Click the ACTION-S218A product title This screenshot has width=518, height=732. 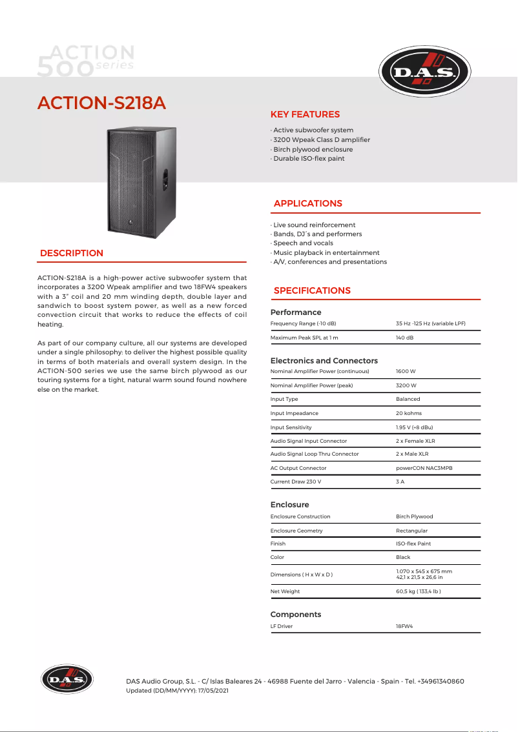[102, 103]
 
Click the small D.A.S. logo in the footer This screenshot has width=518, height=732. [67, 679]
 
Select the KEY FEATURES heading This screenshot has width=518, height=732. [305, 114]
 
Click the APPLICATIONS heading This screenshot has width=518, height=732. [307, 203]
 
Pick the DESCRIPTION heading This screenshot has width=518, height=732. [72, 253]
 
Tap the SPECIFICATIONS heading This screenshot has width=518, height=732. [312, 290]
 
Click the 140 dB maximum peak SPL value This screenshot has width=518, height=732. [404, 338]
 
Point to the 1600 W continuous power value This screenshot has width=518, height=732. [406, 372]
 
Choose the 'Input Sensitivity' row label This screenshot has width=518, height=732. [291, 427]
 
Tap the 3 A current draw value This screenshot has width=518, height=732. [400, 482]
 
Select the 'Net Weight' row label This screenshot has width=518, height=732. [285, 591]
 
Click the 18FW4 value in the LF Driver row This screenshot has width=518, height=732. [404, 627]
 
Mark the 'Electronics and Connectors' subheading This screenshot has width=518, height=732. [324, 360]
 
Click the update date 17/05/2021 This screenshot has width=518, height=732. [213, 691]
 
